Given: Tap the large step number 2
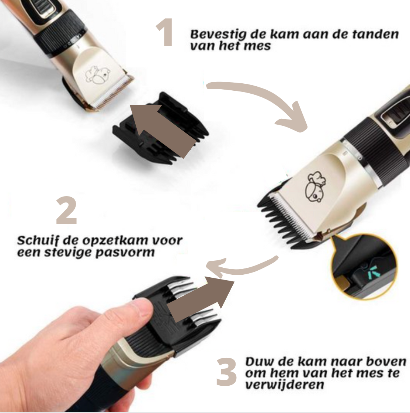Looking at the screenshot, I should click(67, 211).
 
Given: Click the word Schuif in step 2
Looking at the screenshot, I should click(38, 241).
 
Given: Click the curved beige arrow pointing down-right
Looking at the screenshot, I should click(265, 103).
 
